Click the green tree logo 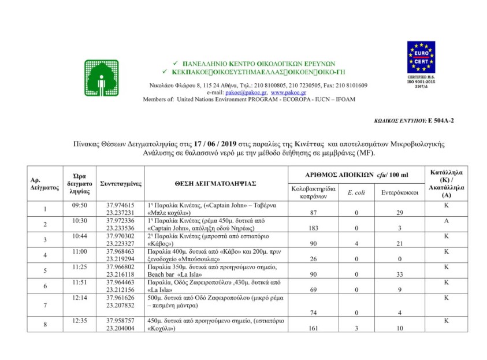[x=102, y=77]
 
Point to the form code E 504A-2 [x=441, y=121]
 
